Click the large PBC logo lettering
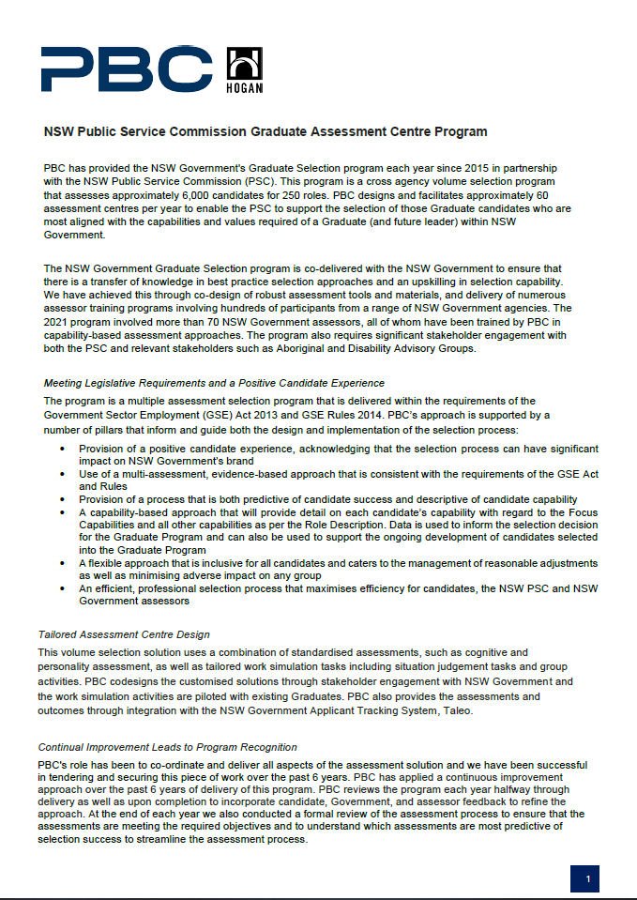pyautogui.click(x=127, y=69)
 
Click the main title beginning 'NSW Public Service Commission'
pyautogui.click(x=265, y=131)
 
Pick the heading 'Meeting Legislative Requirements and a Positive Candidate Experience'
pyautogui.click(x=214, y=383)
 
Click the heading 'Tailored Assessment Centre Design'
pyautogui.click(x=123, y=635)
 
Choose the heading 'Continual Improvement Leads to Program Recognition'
pyautogui.click(x=167, y=747)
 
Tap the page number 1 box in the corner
pyautogui.click(x=587, y=878)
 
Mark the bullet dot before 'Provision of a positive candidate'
pyautogui.click(x=62, y=450)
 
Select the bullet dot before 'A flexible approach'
pyautogui.click(x=62, y=563)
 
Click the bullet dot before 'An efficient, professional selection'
pyautogui.click(x=62, y=588)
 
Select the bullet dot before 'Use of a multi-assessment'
pyautogui.click(x=62, y=475)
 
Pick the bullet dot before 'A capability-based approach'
pyautogui.click(x=62, y=512)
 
